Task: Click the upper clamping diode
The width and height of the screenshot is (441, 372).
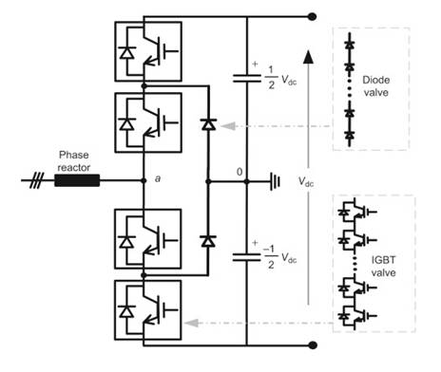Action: tap(206, 123)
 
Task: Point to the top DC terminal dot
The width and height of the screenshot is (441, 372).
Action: tap(311, 16)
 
